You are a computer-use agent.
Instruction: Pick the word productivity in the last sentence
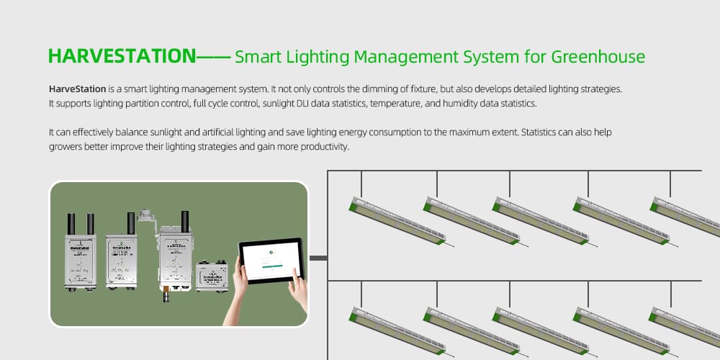pyautogui.click(x=321, y=147)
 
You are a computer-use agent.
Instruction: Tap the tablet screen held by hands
pyautogui.click(x=271, y=261)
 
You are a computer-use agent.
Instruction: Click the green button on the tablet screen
pyautogui.click(x=271, y=266)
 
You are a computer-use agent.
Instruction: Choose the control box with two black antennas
pyautogui.click(x=81, y=252)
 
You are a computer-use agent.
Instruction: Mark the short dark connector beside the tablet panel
pyautogui.click(x=318, y=258)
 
